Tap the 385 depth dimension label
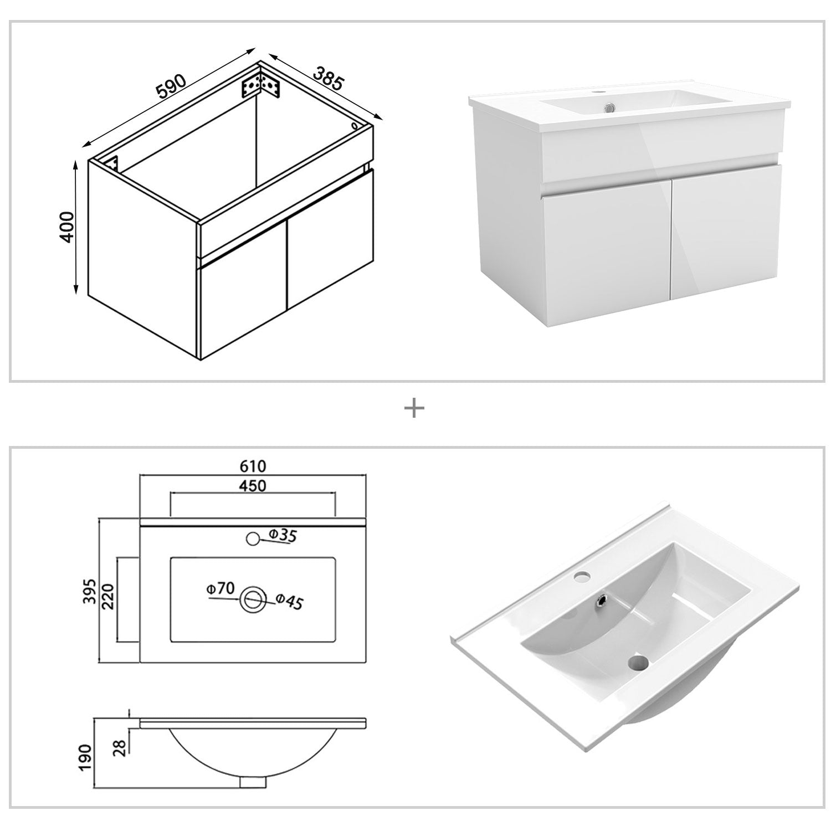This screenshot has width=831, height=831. click(x=329, y=79)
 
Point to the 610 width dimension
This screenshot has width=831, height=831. click(x=253, y=465)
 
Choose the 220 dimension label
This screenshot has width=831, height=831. click(x=109, y=596)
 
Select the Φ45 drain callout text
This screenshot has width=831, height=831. click(x=290, y=601)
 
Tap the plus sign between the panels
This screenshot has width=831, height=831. click(x=414, y=409)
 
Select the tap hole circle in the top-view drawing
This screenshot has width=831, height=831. click(x=253, y=537)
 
